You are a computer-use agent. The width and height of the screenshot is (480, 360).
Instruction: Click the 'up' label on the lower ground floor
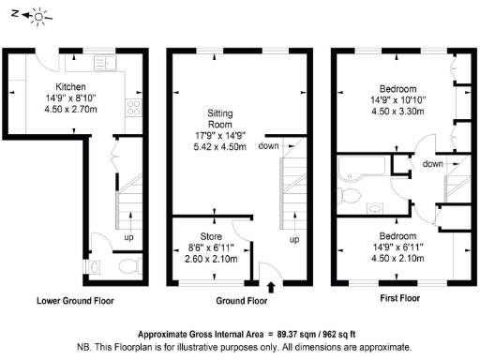(129, 238)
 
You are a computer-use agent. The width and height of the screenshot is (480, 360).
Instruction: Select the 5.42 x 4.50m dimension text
(221, 146)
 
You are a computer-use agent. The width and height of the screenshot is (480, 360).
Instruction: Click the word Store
(210, 235)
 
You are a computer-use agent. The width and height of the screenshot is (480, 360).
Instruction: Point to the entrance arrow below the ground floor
(272, 286)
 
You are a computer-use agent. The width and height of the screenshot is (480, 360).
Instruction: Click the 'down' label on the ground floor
(267, 146)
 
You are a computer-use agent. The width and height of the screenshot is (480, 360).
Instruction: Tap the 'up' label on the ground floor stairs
(293, 239)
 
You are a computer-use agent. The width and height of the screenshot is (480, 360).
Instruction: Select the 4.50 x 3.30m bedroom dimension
(397, 110)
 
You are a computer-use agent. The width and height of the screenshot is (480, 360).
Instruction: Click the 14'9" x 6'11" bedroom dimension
(397, 247)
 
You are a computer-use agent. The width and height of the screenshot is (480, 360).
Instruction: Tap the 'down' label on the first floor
(432, 163)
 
